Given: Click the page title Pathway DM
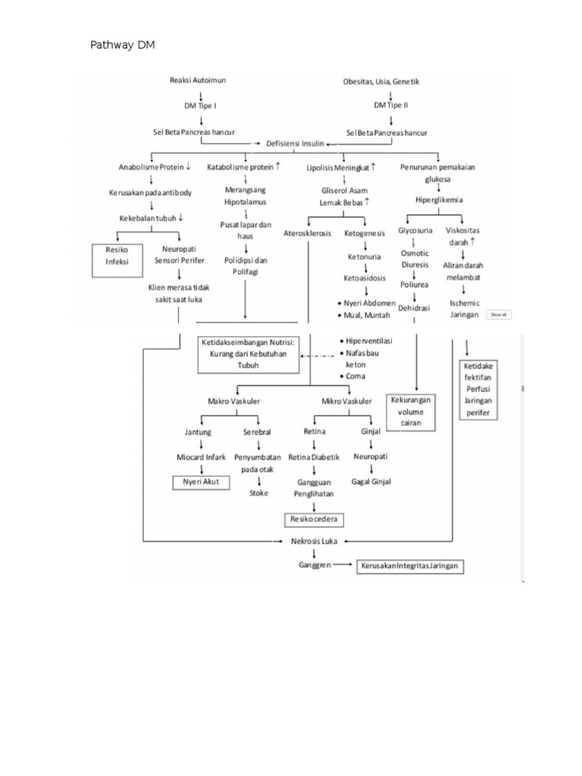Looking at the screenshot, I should click(123, 45).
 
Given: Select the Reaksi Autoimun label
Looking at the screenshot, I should click(198, 80).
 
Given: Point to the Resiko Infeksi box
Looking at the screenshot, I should click(117, 255).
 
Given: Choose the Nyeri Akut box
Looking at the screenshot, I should click(200, 482).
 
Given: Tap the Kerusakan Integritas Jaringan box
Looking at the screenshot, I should click(410, 567).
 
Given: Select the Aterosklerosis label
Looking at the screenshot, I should click(308, 233).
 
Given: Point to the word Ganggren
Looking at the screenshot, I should click(314, 565).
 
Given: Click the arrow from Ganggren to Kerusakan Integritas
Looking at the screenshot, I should click(343, 565).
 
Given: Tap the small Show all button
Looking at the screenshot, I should click(498, 314).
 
